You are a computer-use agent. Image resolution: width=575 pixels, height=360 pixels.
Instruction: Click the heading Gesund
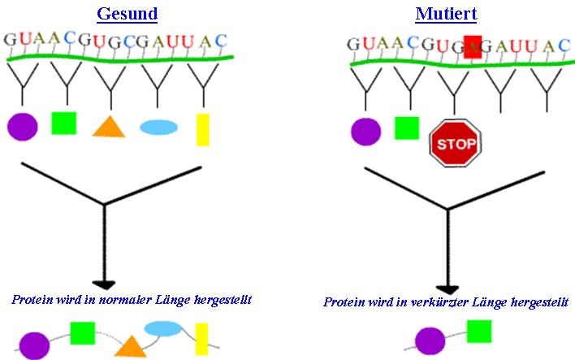click(128, 14)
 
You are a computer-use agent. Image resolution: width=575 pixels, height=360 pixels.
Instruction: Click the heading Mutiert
click(446, 14)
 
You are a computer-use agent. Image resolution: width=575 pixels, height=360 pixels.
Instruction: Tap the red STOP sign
click(455, 143)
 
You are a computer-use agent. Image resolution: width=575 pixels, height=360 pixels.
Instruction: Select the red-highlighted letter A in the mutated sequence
click(473, 47)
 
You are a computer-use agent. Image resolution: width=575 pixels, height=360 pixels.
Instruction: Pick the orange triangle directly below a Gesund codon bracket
click(109, 127)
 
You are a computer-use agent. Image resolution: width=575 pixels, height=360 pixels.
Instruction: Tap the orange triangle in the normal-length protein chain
click(131, 346)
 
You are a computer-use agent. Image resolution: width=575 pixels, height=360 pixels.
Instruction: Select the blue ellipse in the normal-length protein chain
click(163, 329)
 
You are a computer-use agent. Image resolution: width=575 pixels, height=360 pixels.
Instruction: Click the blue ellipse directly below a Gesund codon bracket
click(159, 128)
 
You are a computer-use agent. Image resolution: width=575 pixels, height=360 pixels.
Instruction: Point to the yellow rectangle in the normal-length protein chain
click(201, 339)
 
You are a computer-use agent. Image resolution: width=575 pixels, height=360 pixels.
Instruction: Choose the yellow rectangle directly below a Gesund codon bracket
click(203, 130)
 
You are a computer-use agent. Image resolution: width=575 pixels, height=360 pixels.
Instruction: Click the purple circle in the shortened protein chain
click(430, 341)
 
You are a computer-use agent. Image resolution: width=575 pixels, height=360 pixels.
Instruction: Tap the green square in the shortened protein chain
click(479, 332)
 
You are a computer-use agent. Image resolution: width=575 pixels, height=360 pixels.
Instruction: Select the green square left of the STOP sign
click(407, 128)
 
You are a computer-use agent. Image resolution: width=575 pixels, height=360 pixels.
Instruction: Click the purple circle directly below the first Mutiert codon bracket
click(366, 132)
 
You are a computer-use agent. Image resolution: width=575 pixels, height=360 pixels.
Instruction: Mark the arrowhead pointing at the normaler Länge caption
click(104, 284)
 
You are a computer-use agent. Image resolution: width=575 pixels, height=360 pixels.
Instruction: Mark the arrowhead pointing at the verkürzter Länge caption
click(447, 290)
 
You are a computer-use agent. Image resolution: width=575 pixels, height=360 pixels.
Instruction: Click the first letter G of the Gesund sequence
click(10, 40)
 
